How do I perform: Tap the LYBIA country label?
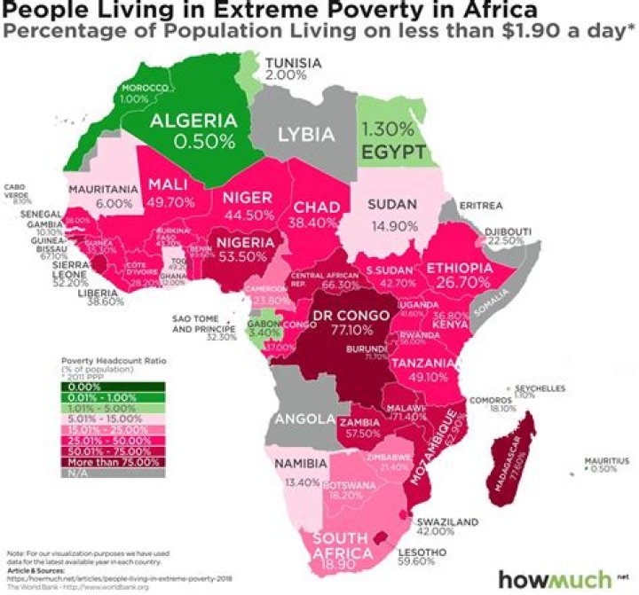pos(306,136)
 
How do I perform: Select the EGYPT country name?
pos(394,152)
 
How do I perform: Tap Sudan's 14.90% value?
pos(390,224)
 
